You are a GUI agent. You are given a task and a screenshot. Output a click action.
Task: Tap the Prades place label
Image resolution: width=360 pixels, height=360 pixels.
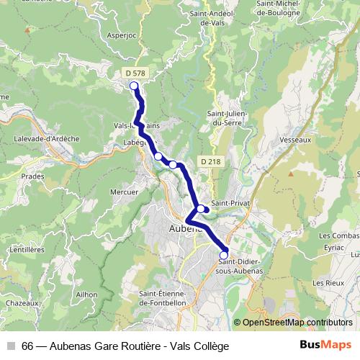[x=32, y=176]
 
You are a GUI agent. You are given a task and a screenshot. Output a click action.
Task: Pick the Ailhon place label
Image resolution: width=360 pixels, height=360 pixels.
[x=86, y=294]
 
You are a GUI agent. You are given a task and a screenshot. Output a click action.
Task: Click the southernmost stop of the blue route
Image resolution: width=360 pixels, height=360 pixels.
[x=223, y=255]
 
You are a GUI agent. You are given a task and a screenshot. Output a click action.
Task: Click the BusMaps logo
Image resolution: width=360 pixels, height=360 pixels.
[x=326, y=345]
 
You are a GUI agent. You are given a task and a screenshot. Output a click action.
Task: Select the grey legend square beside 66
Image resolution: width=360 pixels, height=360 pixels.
[x=10, y=346]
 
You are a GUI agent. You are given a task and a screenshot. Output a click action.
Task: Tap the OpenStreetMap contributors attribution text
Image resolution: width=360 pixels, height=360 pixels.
[x=297, y=323]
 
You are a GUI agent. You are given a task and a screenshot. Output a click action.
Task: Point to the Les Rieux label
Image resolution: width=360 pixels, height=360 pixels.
[x=328, y=283]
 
